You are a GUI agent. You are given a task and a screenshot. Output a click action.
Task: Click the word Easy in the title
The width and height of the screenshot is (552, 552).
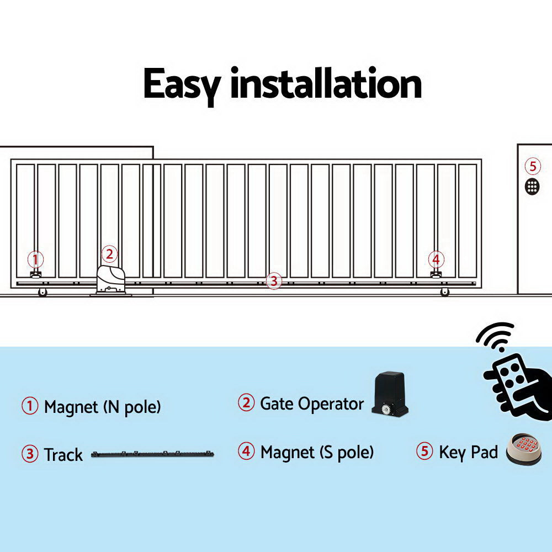pyautogui.click(x=182, y=84)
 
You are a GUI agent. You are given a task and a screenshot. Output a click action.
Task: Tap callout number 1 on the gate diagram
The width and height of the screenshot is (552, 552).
pyautogui.click(x=35, y=259)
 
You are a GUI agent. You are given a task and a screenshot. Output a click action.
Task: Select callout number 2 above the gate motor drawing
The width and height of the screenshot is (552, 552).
pyautogui.click(x=109, y=254)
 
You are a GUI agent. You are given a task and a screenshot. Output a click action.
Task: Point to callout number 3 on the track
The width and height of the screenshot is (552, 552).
pyautogui.click(x=274, y=280)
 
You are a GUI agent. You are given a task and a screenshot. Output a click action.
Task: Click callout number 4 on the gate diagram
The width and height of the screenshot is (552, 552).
pyautogui.click(x=436, y=259)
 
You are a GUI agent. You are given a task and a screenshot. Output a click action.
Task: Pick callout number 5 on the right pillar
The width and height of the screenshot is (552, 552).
pyautogui.click(x=532, y=166)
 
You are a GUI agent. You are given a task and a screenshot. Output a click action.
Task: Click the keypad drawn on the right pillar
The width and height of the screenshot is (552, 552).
pyautogui.click(x=532, y=186)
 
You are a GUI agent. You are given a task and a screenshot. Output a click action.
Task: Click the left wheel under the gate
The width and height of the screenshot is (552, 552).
pyautogui.click(x=43, y=293)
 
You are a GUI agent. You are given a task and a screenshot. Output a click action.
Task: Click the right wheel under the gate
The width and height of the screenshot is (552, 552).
pyautogui.click(x=445, y=293)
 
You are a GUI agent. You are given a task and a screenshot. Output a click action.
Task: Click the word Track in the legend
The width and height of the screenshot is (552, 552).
pyautogui.click(x=63, y=455)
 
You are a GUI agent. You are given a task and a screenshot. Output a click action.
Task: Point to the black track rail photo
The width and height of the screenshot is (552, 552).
pyautogui.click(x=152, y=454)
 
